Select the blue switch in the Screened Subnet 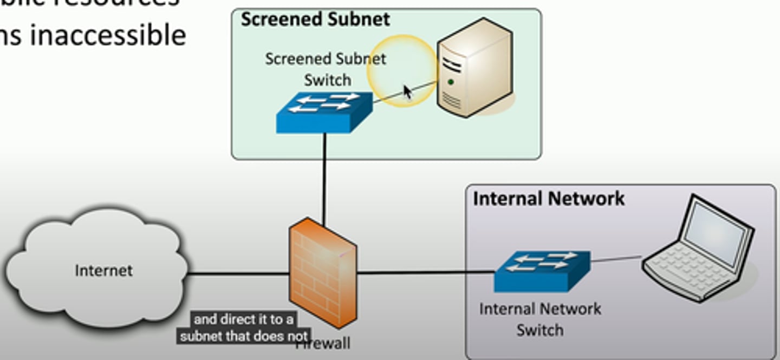pos(324,113)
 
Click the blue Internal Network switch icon pos(542,271)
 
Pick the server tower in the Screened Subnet pos(473,68)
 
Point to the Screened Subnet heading pos(315,19)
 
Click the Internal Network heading pos(549,199)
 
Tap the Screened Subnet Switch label pos(326,69)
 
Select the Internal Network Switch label pos(540,319)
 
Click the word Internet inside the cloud pos(103,270)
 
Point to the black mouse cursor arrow pos(407,91)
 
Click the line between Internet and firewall pos(238,273)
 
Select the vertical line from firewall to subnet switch pos(324,179)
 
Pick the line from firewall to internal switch pos(425,272)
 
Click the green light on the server pos(451,82)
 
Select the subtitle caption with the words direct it pos(244,328)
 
